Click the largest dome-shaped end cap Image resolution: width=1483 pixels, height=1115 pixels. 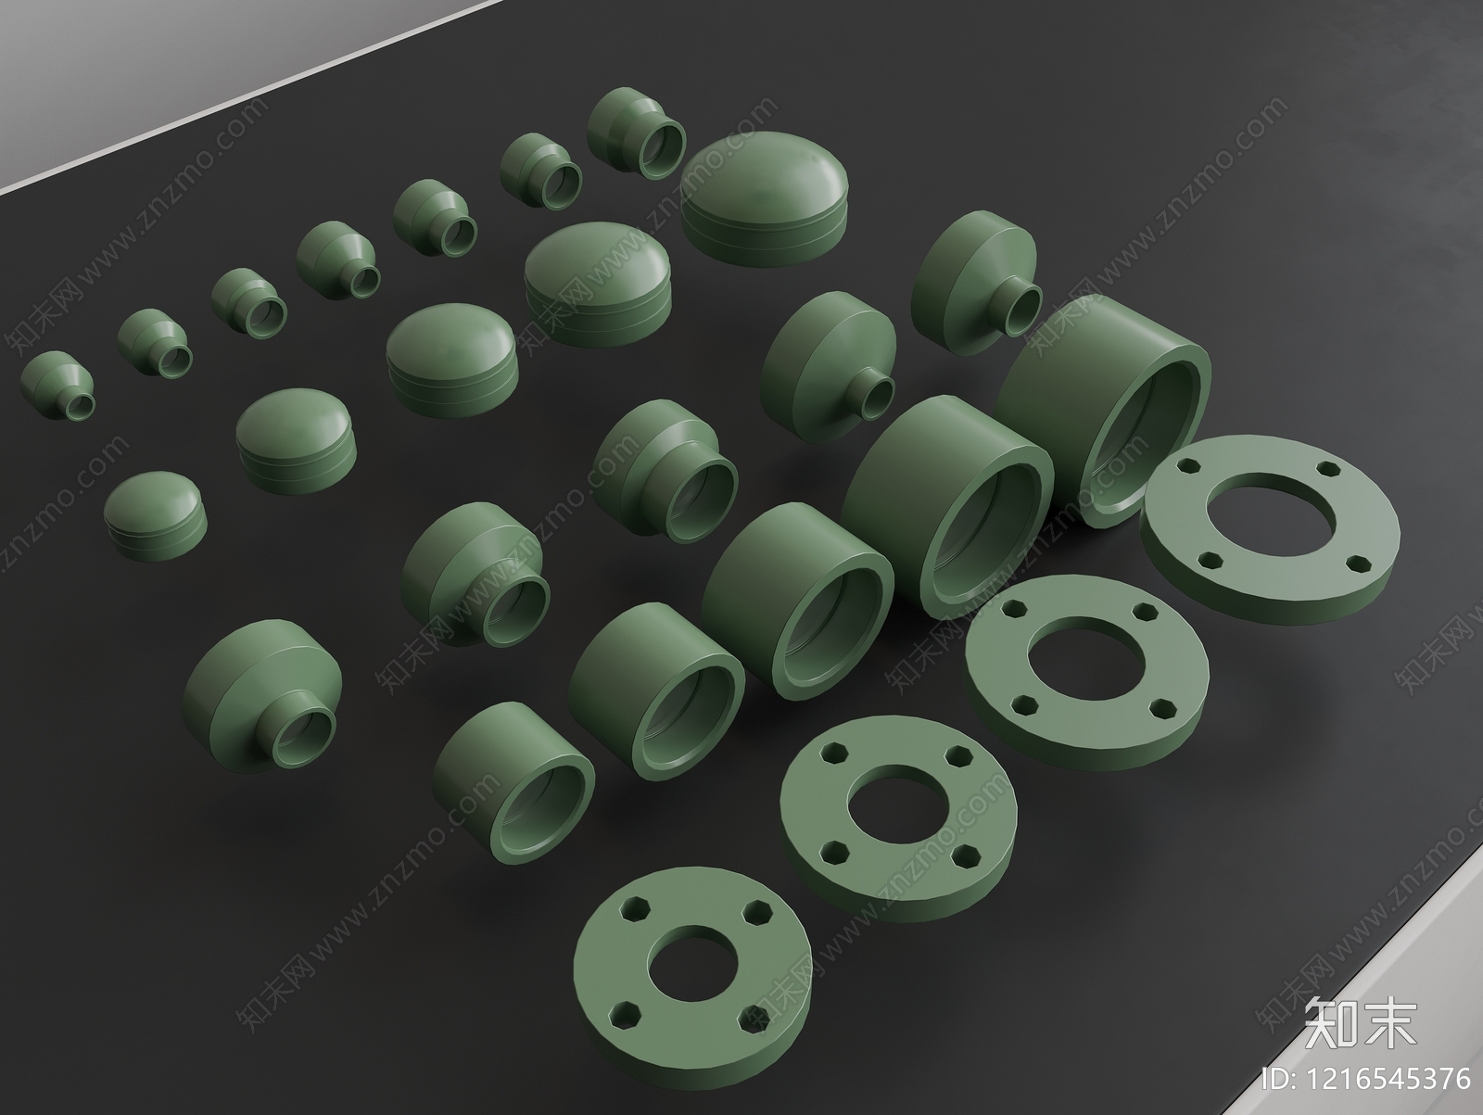[764, 197]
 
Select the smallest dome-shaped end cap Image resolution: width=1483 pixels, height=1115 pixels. [156, 515]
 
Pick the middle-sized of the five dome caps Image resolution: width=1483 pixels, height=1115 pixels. [452, 359]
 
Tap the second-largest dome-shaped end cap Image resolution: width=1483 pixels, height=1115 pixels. [598, 283]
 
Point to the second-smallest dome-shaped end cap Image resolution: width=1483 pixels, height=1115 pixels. [296, 440]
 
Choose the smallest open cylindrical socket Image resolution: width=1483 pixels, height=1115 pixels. [513, 783]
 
